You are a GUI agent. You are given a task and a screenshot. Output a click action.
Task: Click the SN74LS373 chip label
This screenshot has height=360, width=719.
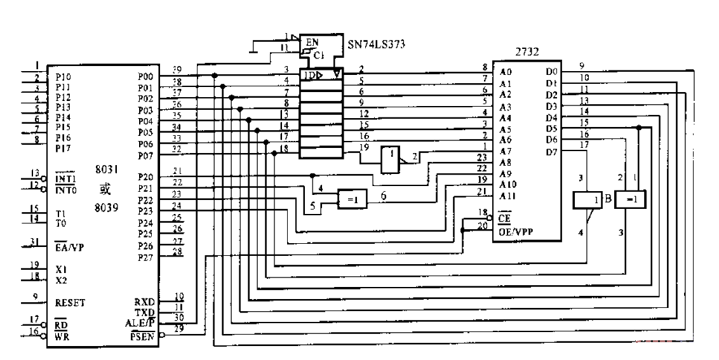[x=375, y=44]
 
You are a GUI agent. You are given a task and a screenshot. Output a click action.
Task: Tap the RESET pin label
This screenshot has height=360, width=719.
[x=70, y=303]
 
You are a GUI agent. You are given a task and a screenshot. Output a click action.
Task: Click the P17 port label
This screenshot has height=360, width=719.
[x=63, y=148]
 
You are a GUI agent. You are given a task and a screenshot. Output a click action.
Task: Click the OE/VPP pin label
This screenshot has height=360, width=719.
[x=514, y=232]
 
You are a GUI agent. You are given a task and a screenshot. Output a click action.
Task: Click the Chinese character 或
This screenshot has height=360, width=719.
[x=105, y=189]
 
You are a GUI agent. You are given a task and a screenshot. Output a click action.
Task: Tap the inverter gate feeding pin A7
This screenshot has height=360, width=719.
[x=393, y=159]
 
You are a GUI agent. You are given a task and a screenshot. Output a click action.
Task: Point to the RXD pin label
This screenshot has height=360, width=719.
[x=144, y=302]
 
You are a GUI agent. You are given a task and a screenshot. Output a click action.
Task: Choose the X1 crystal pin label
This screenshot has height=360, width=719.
[x=61, y=269]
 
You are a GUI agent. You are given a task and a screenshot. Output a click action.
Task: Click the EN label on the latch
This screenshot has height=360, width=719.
[x=312, y=42]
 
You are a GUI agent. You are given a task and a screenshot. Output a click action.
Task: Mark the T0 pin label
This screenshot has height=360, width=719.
[x=61, y=223]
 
